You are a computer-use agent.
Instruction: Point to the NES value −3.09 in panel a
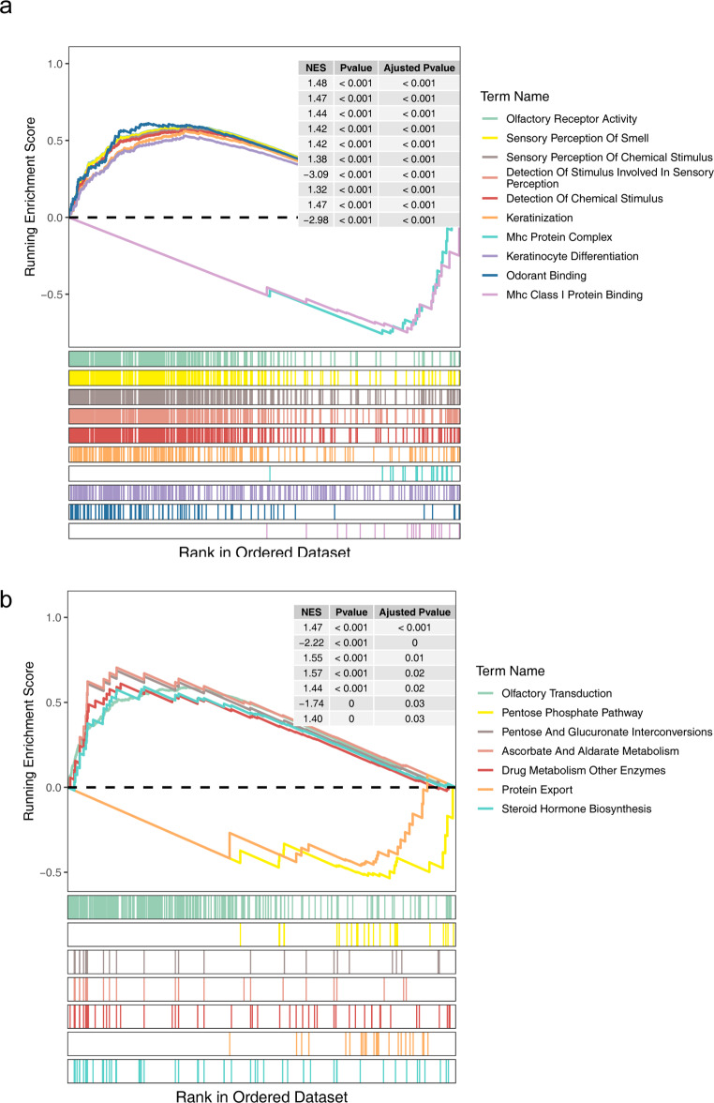(x=312, y=174)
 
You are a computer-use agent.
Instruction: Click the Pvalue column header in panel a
(x=350, y=68)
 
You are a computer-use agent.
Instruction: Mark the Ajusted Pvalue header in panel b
(x=413, y=612)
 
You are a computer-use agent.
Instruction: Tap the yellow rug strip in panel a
(x=263, y=377)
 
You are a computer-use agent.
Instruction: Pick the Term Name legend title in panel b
(x=518, y=672)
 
